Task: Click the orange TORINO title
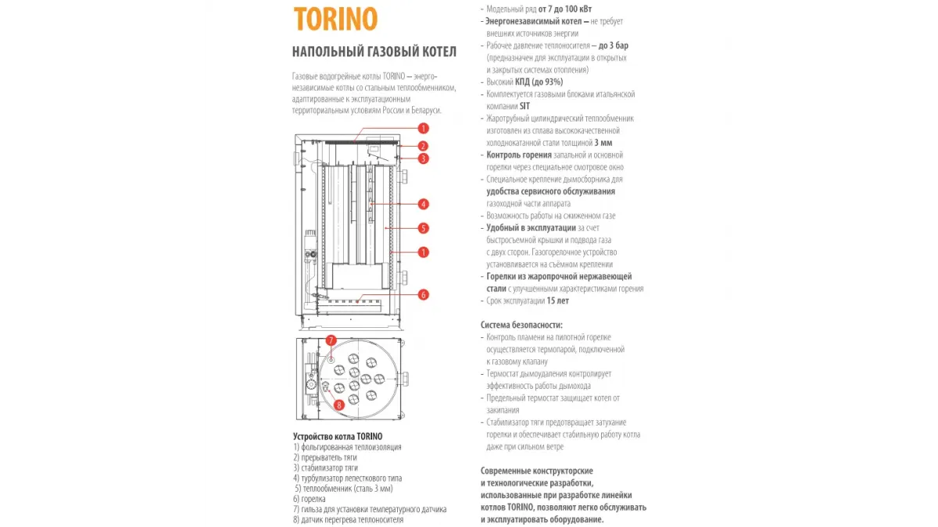(335, 19)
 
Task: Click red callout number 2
(423, 146)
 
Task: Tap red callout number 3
(423, 158)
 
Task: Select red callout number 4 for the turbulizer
(423, 204)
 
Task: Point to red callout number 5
(423, 228)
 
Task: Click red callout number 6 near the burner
(423, 295)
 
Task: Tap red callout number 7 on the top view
(331, 340)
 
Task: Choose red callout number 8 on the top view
(338, 405)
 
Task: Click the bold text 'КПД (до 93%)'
(539, 82)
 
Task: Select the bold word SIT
(524, 106)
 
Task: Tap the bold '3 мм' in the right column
(603, 143)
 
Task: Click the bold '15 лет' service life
(558, 301)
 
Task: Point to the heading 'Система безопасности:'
(522, 325)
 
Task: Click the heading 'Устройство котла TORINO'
(338, 436)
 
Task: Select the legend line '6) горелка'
(310, 499)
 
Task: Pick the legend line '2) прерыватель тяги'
(325, 458)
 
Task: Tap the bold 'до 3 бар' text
(614, 45)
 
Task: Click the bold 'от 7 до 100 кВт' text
(565, 9)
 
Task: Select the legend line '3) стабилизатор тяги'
(326, 468)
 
